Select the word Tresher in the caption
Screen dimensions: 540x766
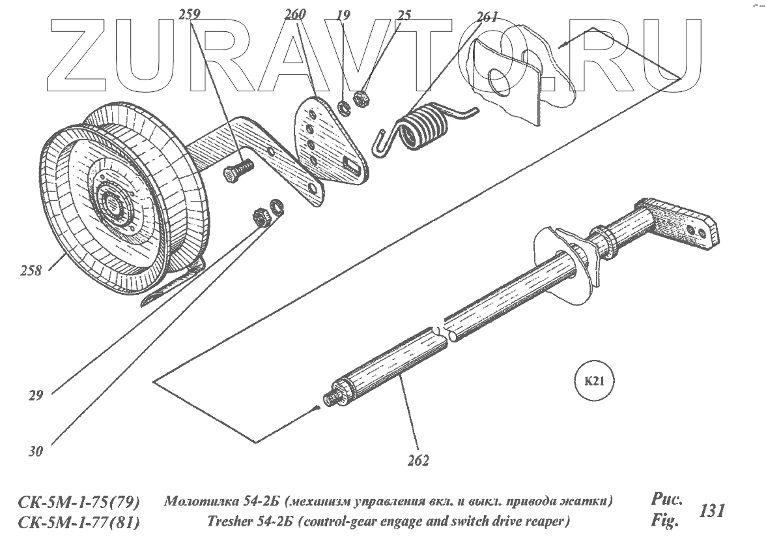(x=231, y=522)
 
